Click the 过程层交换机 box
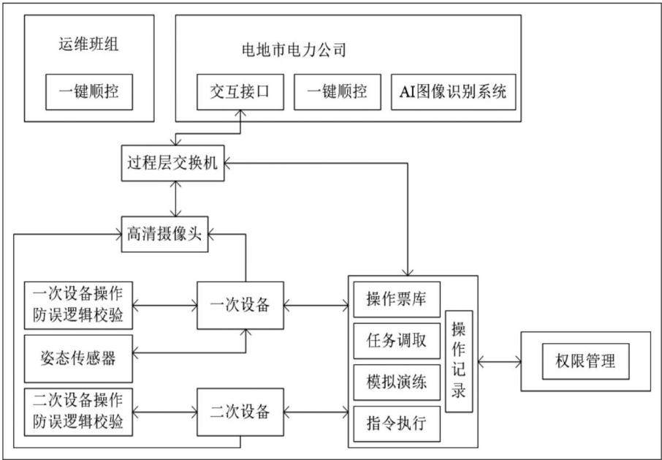(x=172, y=163)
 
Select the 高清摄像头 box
(x=164, y=234)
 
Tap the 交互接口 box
(x=240, y=92)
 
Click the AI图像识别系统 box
(x=454, y=92)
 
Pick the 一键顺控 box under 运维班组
(x=89, y=92)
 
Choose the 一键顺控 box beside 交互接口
(x=338, y=92)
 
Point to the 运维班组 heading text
(x=88, y=45)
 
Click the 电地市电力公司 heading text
(x=294, y=50)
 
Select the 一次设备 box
(x=240, y=306)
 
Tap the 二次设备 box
(x=240, y=412)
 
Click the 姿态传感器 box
(x=78, y=358)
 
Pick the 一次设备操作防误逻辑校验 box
(x=78, y=306)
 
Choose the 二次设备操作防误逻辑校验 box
(x=78, y=412)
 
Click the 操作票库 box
(x=397, y=300)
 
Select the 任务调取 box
(x=397, y=341)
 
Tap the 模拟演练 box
(x=397, y=382)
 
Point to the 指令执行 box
(x=397, y=423)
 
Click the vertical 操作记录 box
(x=459, y=361)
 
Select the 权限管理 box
(x=585, y=361)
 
